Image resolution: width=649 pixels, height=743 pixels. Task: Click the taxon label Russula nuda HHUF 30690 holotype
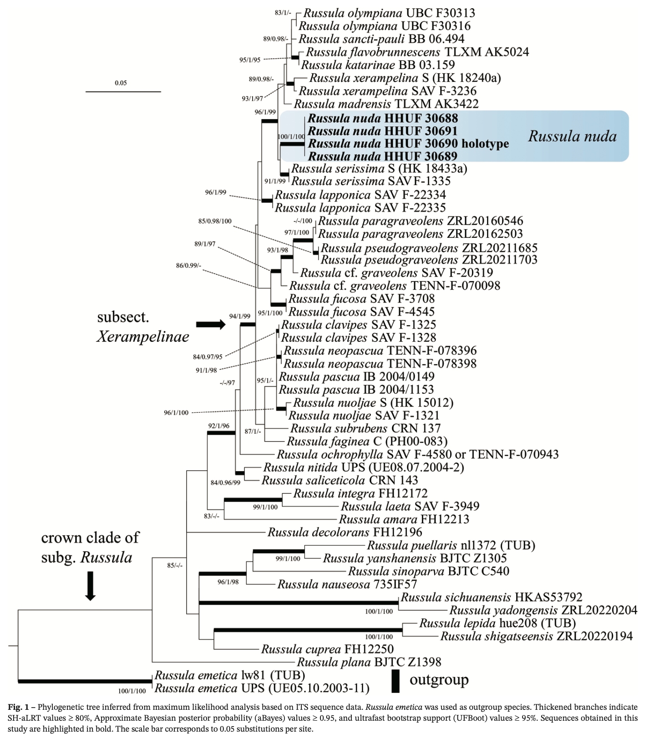[408, 144]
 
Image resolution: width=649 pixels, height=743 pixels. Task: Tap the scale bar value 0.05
[121, 83]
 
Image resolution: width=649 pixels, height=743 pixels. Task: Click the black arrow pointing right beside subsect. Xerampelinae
[210, 324]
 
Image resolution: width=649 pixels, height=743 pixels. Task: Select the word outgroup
[439, 680]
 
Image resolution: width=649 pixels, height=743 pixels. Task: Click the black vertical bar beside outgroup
[395, 681]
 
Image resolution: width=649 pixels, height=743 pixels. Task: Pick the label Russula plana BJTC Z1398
[369, 662]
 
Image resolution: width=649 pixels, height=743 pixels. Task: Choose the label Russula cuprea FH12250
[327, 649]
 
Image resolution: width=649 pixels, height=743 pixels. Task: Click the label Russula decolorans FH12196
[345, 532]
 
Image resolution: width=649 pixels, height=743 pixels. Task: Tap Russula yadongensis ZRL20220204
[543, 610]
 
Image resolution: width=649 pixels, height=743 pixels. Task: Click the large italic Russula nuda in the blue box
[572, 136]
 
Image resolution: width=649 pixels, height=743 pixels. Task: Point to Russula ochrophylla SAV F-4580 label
[417, 454]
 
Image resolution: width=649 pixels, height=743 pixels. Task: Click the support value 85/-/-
[174, 566]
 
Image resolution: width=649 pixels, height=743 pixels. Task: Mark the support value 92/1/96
[218, 426]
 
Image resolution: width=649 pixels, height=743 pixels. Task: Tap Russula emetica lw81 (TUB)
[229, 675]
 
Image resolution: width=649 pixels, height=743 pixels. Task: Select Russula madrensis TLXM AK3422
[386, 104]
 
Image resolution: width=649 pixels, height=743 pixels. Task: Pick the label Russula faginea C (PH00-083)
[367, 441]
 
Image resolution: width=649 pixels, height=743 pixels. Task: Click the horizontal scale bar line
[123, 92]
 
